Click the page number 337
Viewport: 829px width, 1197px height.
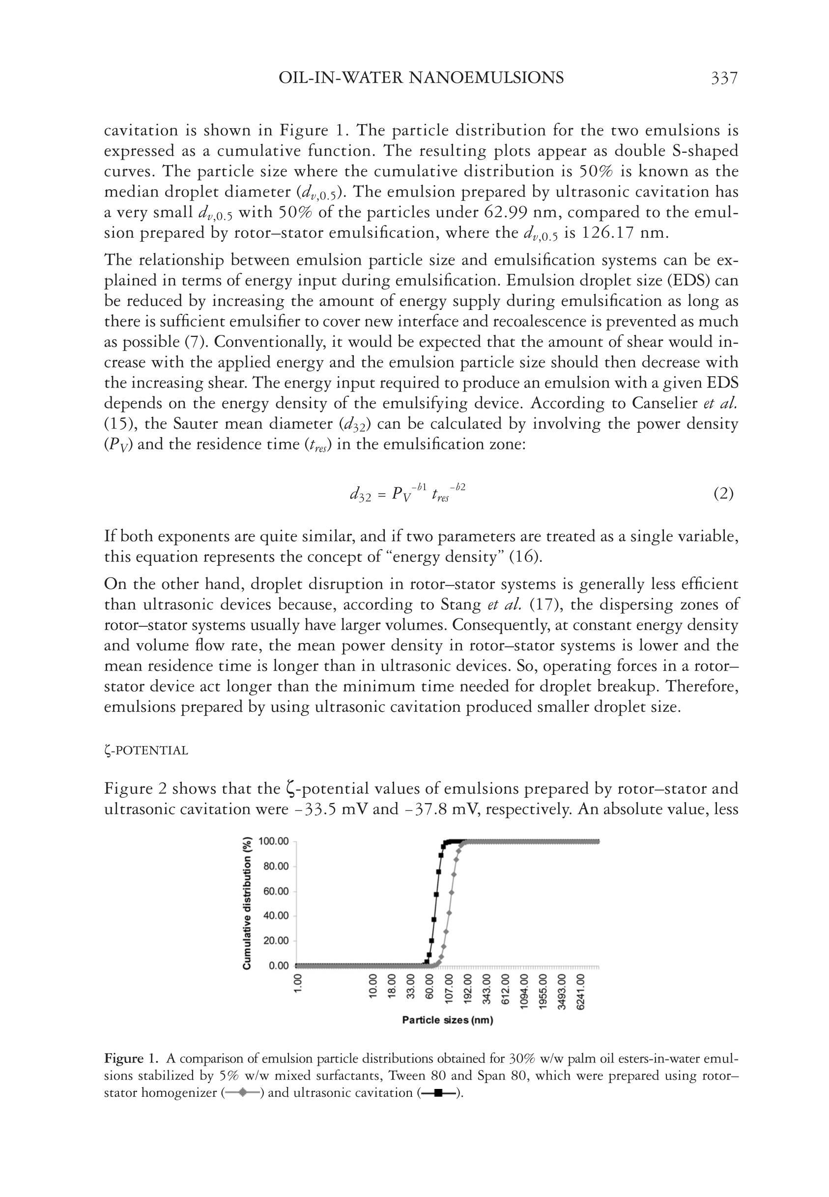point(723,78)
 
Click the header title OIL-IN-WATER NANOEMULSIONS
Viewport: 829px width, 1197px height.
point(421,78)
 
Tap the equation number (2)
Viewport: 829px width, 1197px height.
point(723,493)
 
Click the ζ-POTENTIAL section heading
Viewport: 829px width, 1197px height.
point(146,750)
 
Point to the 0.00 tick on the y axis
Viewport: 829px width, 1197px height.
point(279,966)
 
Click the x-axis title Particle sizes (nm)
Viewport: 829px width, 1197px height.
point(447,1021)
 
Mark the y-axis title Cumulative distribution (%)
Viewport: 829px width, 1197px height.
point(247,903)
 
